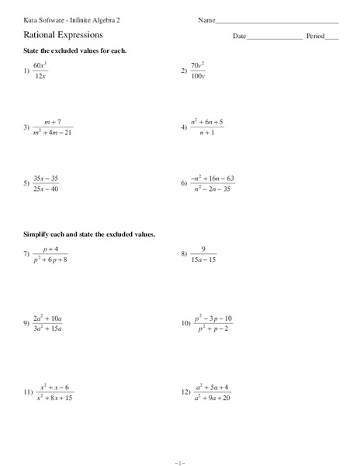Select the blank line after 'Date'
pyautogui.click(x=275, y=39)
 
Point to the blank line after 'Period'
pyautogui.click(x=332, y=39)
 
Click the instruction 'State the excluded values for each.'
pyautogui.click(x=74, y=50)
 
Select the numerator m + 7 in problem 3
pyautogui.click(x=53, y=122)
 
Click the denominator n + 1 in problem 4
pyautogui.click(x=206, y=133)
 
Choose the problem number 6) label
pyautogui.click(x=184, y=183)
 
